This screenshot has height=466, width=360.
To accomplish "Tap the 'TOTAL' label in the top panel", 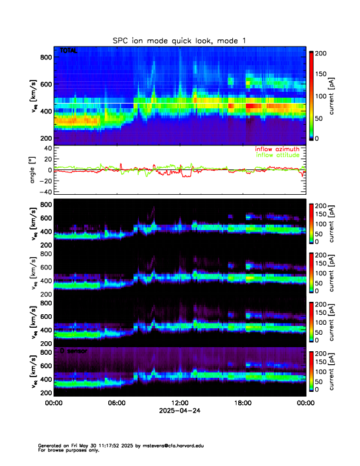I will [69, 52].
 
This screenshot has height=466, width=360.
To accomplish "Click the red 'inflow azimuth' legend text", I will [276, 149].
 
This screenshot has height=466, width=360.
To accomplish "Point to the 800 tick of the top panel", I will [45, 57].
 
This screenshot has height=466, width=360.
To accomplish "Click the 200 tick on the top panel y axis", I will [45, 138].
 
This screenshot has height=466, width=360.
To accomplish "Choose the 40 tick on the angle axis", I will [47, 148].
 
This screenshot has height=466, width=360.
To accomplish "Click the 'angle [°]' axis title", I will [34, 169].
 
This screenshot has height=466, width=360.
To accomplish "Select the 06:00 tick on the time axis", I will [116, 404].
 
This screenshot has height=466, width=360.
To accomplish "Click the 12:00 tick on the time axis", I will [179, 404].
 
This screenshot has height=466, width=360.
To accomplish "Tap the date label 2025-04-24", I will [179, 411].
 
